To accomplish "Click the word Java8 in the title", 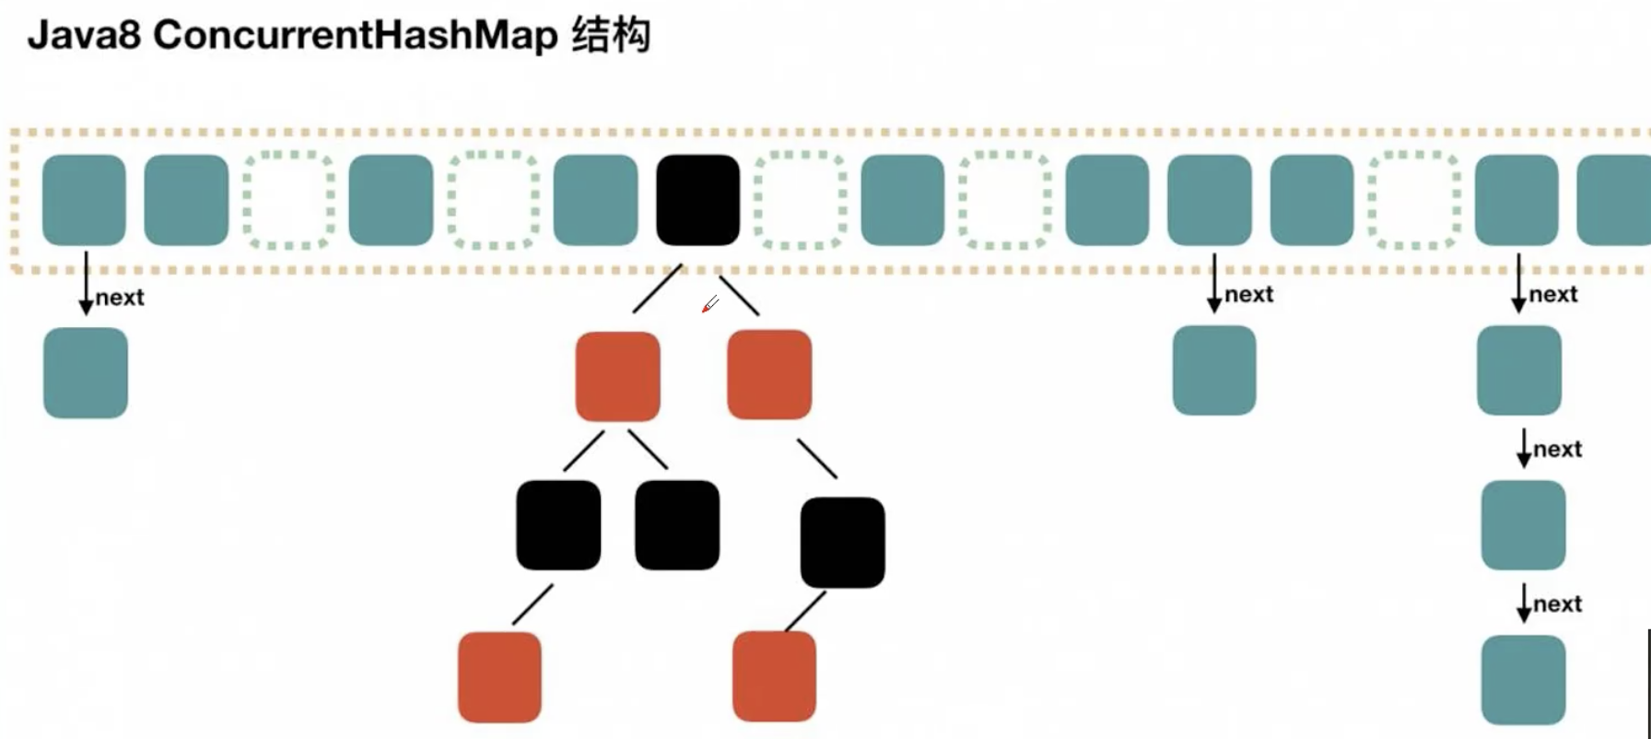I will click(83, 36).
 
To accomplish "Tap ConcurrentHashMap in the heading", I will click(355, 36).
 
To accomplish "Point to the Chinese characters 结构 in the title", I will click(611, 36).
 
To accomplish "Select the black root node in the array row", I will click(697, 200).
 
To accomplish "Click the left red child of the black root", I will click(617, 376).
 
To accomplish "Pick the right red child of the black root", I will click(769, 374).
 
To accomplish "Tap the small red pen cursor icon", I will click(709, 304).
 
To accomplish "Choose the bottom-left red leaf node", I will click(499, 676).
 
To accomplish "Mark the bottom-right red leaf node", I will click(774, 675).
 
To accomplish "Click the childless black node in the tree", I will click(677, 524).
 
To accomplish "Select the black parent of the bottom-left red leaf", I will click(558, 524).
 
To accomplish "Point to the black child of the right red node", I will click(842, 542).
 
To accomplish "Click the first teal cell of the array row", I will click(84, 200).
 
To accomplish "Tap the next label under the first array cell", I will click(120, 298).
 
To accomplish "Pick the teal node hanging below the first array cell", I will click(86, 373).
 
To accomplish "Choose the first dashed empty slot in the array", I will click(288, 200).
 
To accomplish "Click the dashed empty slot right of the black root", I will click(800, 200).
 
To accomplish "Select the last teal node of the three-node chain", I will click(1523, 680).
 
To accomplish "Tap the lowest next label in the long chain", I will click(1557, 604).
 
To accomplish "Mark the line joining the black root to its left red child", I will click(657, 288).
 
